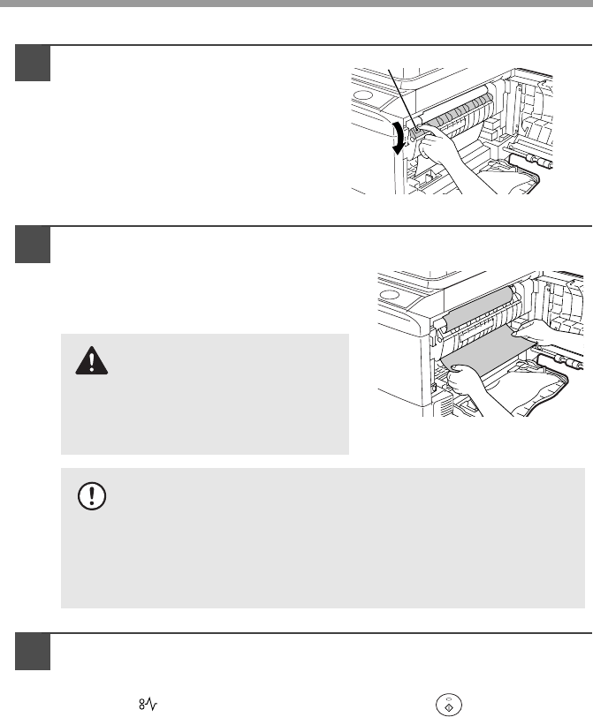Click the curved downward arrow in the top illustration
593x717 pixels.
[x=398, y=140]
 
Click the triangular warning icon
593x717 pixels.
[x=92, y=358]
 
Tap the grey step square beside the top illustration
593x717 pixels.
[x=33, y=63]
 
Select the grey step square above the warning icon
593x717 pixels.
[x=33, y=244]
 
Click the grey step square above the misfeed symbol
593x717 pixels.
[x=33, y=652]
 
